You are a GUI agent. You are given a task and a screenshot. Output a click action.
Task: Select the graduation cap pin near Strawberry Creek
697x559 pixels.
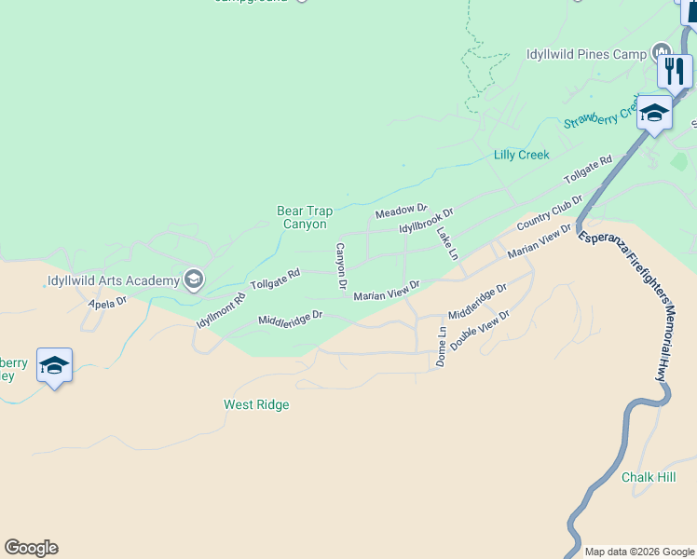point(654,113)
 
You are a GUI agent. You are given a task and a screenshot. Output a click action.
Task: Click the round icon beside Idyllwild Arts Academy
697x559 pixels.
point(194,279)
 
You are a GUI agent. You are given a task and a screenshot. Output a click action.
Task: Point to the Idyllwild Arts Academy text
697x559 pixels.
point(113,280)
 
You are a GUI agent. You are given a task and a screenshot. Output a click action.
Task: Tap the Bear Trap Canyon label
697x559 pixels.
point(305,218)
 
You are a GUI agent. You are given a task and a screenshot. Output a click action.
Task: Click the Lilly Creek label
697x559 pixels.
point(522,155)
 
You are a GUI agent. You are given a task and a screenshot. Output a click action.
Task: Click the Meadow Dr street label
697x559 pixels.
point(401,212)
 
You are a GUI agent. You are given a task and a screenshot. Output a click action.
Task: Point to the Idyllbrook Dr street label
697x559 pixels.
point(426,222)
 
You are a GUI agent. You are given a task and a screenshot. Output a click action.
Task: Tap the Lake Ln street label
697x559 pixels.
point(447,245)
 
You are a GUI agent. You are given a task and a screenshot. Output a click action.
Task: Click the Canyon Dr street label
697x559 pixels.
point(341,265)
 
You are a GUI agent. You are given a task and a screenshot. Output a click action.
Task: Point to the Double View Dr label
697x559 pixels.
point(480,331)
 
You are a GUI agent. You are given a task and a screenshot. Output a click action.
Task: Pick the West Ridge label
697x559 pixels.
point(256,404)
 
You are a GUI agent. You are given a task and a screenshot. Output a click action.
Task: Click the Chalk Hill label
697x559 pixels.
point(649,477)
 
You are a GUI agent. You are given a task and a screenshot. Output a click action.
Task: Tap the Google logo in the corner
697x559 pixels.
point(31,548)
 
